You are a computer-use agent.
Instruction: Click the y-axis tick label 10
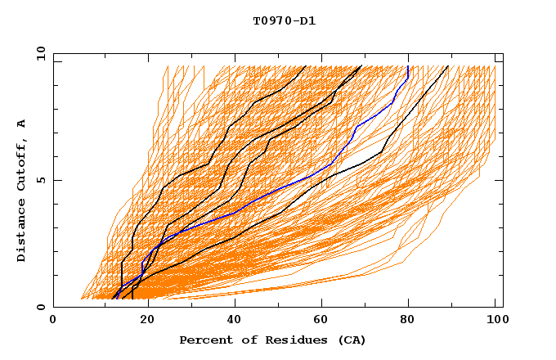[40, 53]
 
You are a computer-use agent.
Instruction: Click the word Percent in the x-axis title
[204, 340]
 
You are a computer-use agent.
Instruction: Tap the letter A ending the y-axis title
[22, 124]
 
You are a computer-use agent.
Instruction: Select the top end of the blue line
[408, 66]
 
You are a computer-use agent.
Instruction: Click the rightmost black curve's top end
[448, 66]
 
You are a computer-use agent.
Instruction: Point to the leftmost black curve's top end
[305, 66]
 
